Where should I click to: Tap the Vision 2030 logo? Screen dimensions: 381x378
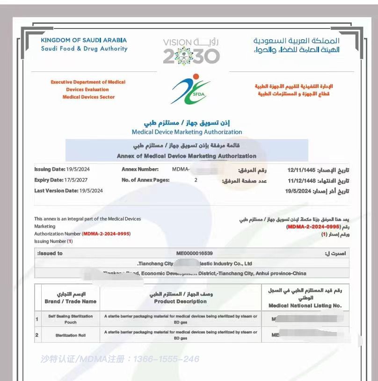tap(191, 51)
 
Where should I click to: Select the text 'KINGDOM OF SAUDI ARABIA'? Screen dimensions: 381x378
tap(84, 41)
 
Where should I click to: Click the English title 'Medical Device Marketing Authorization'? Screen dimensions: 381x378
tap(187, 132)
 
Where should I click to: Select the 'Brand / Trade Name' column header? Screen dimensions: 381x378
tap(64, 301)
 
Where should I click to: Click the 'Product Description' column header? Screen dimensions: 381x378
tap(180, 301)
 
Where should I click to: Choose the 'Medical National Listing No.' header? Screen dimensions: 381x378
tap(305, 305)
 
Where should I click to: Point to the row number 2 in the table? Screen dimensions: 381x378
tap(37, 335)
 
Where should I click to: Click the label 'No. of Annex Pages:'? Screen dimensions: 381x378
tap(145, 180)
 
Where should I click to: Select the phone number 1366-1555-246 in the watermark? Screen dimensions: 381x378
tap(166, 359)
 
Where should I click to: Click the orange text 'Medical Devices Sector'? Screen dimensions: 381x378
tap(88, 97)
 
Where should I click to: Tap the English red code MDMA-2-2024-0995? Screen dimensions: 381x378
tap(107, 233)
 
